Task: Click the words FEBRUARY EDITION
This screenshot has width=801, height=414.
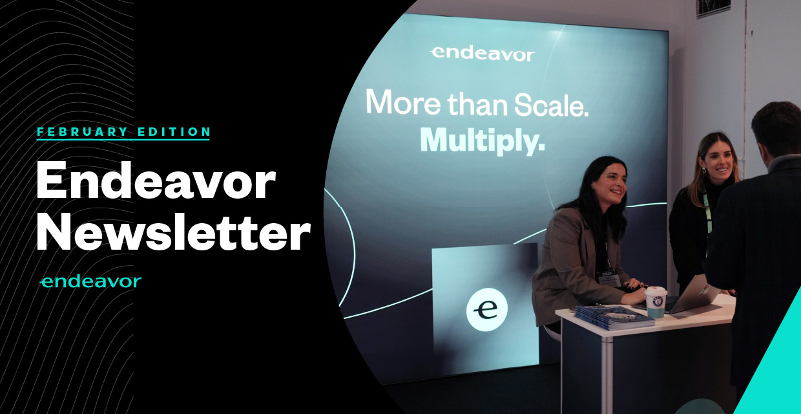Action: [x=123, y=132]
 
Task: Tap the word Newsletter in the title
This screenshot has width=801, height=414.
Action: [x=173, y=232]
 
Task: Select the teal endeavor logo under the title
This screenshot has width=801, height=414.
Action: [x=90, y=282]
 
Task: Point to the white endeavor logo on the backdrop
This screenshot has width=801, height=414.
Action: [x=483, y=54]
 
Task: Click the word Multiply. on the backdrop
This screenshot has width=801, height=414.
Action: [x=483, y=141]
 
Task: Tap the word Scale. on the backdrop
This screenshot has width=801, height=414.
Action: [x=551, y=105]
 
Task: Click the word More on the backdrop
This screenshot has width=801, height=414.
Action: [x=403, y=102]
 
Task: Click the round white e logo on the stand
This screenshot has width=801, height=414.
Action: [x=486, y=309]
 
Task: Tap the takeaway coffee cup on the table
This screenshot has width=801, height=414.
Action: [x=656, y=302]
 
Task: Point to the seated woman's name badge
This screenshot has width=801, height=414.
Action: [x=609, y=279]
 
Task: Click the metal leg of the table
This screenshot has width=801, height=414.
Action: [x=607, y=375]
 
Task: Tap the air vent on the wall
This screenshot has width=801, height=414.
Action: [x=713, y=8]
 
